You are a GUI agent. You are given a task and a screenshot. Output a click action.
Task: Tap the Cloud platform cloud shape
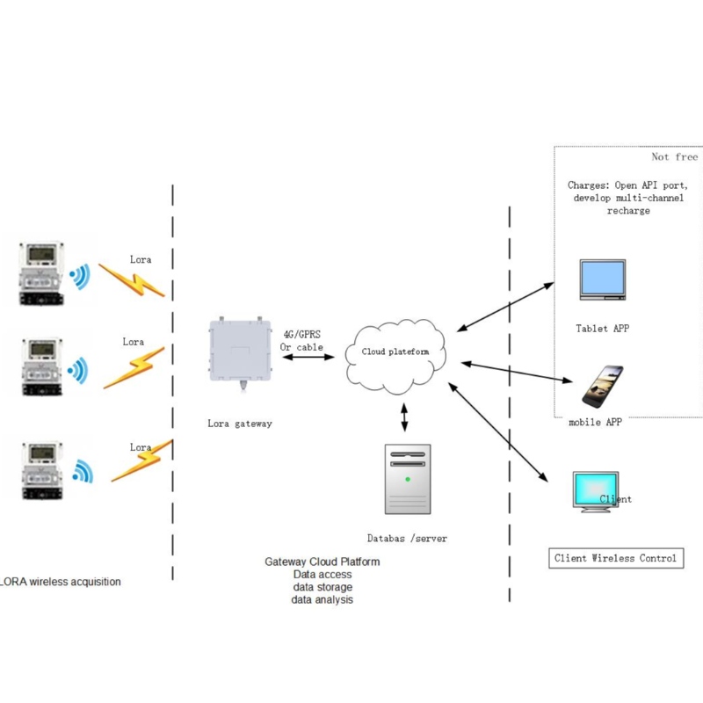(397, 353)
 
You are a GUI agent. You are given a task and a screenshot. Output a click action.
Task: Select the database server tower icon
(408, 478)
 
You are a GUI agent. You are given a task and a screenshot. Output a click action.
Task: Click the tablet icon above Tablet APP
(603, 280)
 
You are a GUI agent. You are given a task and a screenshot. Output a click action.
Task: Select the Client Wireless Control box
(615, 558)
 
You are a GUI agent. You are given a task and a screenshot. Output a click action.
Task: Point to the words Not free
(674, 157)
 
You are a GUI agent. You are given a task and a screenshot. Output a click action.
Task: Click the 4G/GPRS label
(301, 335)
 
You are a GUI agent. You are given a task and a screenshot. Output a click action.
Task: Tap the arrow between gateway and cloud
(311, 358)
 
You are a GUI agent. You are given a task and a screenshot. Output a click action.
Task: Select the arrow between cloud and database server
(404, 417)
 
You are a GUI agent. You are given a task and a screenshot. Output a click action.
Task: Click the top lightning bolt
(132, 279)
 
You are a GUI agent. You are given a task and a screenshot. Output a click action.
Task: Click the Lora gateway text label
(240, 424)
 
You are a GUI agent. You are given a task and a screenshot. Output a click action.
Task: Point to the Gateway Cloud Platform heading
(322, 562)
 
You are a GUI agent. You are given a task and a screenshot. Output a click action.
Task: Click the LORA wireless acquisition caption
(62, 582)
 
